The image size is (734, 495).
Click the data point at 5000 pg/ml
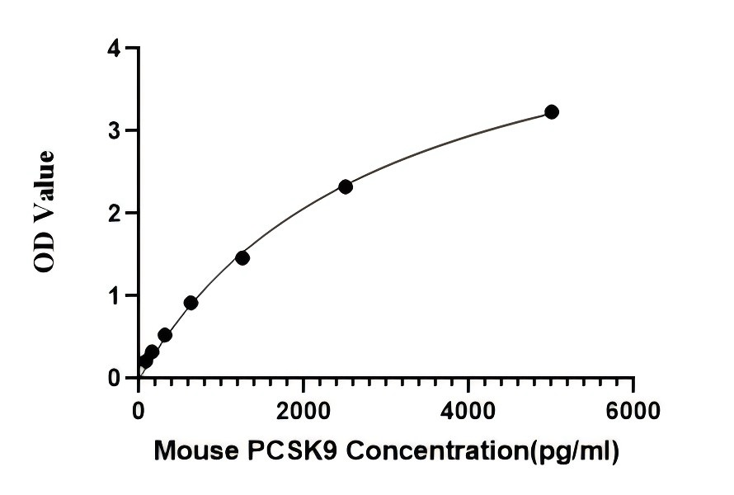552,112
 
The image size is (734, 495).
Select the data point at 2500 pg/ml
346,186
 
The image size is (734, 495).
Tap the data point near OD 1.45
242,258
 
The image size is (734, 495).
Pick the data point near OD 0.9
191,303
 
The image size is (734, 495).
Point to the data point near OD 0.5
165,335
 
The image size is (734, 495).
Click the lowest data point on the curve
145,361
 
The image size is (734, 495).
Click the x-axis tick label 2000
303,410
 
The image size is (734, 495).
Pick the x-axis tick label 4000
468,410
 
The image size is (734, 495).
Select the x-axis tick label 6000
633,410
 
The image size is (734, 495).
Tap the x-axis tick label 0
139,410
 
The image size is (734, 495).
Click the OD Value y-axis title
45,212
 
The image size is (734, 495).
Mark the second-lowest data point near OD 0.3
152,351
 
